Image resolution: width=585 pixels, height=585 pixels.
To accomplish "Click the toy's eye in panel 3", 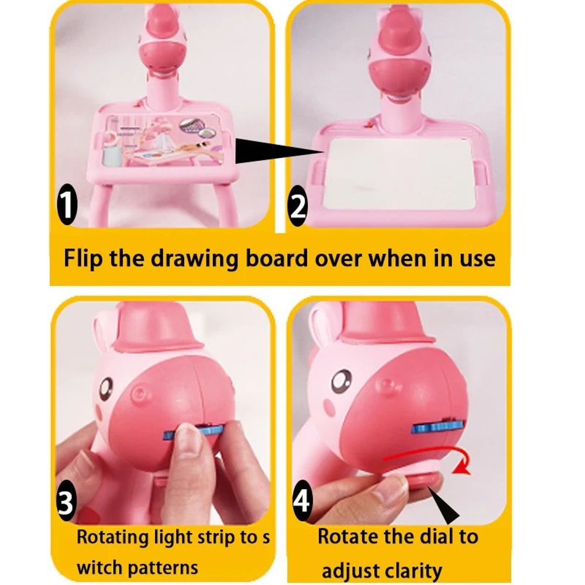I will (106, 386).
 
